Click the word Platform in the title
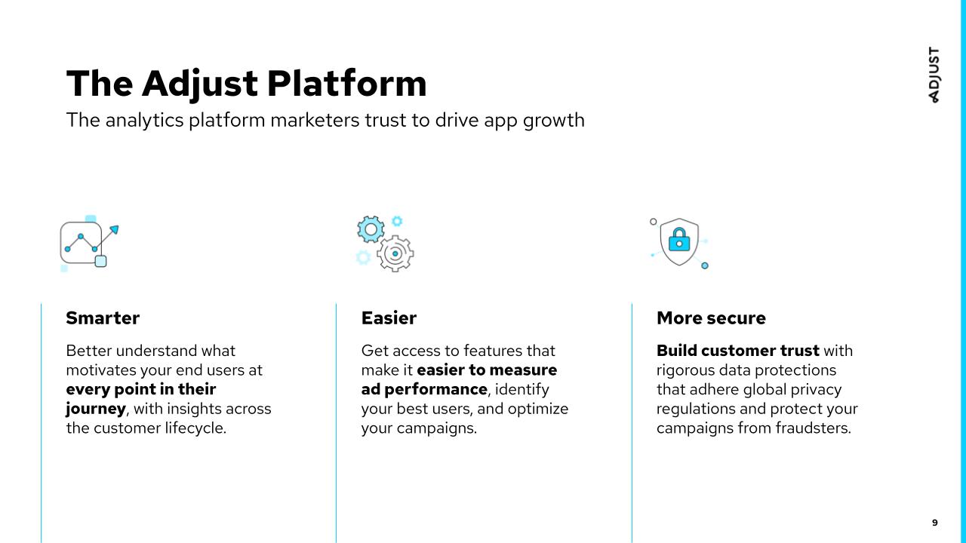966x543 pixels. (346, 83)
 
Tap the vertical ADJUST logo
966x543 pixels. (934, 75)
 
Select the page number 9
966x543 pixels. (934, 523)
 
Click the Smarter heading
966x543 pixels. (103, 318)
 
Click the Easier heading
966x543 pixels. (389, 318)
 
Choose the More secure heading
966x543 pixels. (711, 318)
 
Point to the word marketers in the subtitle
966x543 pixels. (315, 120)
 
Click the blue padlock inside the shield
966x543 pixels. (679, 240)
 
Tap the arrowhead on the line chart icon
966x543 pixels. (115, 229)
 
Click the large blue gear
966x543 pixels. (371, 229)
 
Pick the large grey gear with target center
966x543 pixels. (395, 253)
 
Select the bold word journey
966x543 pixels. (96, 409)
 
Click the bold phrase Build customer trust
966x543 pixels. (738, 351)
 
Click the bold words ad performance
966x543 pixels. (424, 390)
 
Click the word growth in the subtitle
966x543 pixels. (554, 121)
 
